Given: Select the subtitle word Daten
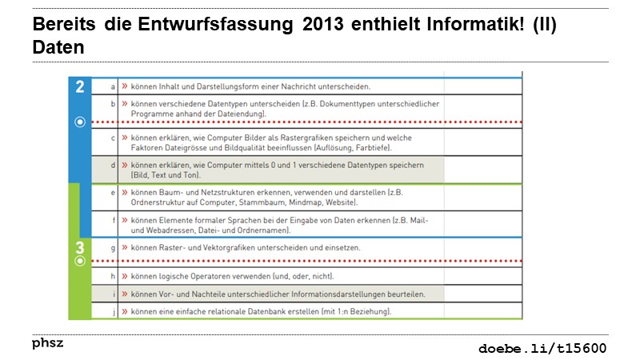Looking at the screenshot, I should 58,47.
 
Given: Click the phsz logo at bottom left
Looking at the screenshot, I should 47,343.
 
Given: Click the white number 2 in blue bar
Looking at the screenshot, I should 80,88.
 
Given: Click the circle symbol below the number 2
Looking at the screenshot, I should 79,122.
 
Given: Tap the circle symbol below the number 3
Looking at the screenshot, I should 79,262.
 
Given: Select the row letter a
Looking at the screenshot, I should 113,86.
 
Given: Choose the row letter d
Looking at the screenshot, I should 113,164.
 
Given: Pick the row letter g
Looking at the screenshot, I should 113,248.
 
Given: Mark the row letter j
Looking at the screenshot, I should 113,310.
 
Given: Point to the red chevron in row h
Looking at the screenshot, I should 126,276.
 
